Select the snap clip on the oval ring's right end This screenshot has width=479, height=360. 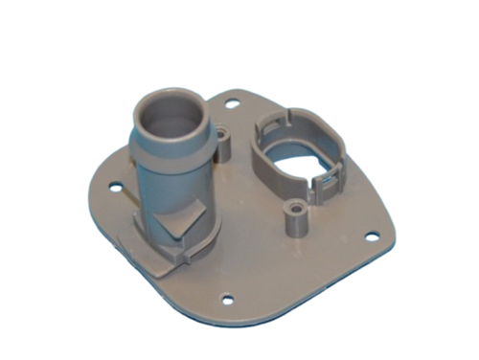(x=330, y=182)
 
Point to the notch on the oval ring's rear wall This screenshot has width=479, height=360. (x=284, y=124)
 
